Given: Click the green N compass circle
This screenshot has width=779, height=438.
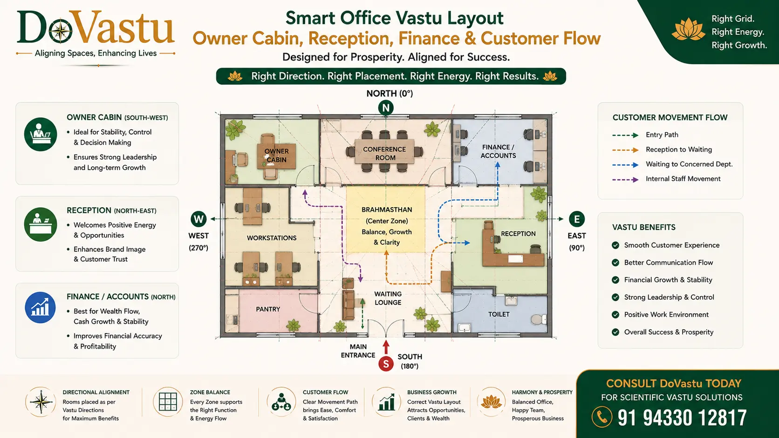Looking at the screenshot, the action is tap(386, 108).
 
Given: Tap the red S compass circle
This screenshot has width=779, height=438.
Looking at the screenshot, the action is tap(386, 364).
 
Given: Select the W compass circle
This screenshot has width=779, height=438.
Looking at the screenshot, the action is tap(198, 219).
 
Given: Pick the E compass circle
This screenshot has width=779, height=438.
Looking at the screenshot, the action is tap(577, 219).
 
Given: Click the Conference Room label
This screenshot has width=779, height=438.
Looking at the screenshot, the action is tap(384, 154).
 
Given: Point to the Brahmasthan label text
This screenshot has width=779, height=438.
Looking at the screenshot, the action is tap(387, 210).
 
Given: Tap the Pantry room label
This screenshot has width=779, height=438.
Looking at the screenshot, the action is tap(268, 309).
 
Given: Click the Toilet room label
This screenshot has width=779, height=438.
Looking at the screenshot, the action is tap(499, 314).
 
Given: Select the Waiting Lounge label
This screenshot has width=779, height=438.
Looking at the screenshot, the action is tap(388, 298).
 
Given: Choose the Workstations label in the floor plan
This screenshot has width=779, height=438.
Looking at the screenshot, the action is tap(272, 238).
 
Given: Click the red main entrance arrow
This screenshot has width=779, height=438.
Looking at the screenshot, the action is tap(386, 347).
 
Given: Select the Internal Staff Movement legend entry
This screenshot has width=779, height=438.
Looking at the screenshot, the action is tap(666, 179).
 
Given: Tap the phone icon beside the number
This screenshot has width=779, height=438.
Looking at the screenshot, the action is tap(602, 417).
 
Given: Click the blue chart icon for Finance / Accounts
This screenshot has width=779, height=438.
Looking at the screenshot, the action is tap(40, 307).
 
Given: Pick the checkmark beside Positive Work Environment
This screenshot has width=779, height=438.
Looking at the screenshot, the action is tap(615, 315).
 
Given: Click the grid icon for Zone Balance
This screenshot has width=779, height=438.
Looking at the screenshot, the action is tap(168, 402).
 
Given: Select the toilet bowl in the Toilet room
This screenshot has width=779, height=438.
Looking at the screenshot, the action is tap(539, 319).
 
